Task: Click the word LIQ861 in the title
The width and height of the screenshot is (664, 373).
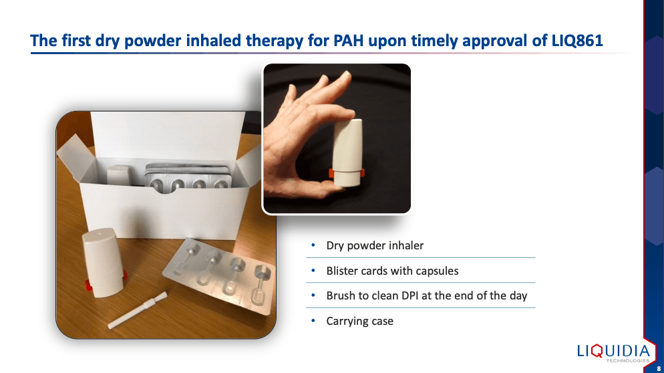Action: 577,40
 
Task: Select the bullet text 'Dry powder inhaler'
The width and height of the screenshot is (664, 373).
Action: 375,245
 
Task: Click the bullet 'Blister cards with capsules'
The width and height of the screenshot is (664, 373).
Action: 392,271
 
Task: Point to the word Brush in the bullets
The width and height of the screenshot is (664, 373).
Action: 341,295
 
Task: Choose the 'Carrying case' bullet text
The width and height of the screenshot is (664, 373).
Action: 359,321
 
